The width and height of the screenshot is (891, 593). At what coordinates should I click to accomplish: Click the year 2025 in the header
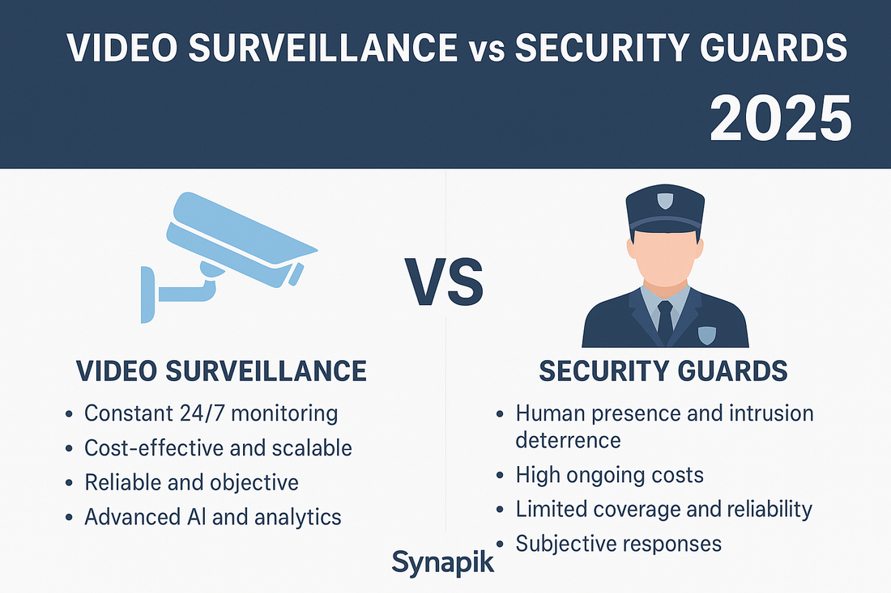pyautogui.click(x=780, y=117)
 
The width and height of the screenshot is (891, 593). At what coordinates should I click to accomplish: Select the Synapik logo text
pyautogui.click(x=442, y=561)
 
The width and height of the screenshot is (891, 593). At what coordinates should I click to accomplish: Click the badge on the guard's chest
pyautogui.click(x=707, y=333)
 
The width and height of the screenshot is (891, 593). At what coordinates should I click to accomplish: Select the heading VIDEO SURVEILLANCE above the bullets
pyautogui.click(x=221, y=371)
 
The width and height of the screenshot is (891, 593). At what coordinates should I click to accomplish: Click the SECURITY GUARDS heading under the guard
pyautogui.click(x=663, y=371)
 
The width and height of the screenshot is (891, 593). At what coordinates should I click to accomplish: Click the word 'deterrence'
pyautogui.click(x=568, y=440)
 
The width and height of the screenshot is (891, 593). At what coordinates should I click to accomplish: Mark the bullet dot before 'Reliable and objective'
pyautogui.click(x=70, y=484)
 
